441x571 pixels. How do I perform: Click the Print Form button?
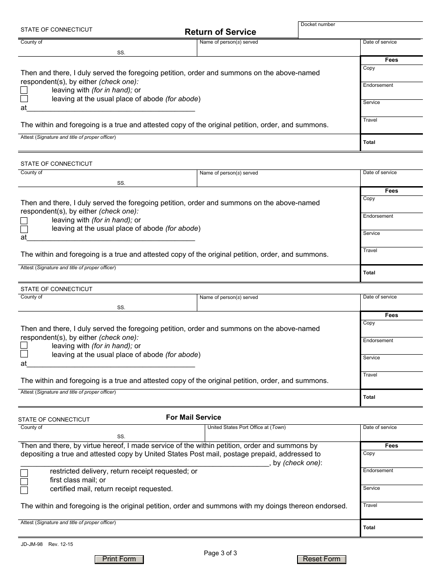click(x=119, y=559)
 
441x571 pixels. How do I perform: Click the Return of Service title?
click(x=220, y=32)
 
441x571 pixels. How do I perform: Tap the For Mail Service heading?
click(x=194, y=417)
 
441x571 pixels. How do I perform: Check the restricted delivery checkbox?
click(x=24, y=473)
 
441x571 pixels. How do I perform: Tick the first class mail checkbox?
click(x=24, y=481)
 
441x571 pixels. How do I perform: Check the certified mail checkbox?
click(x=24, y=490)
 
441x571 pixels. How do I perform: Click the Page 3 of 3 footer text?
click(x=220, y=552)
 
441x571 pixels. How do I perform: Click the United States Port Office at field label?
click(x=246, y=428)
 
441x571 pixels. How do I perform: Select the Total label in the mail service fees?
click(x=369, y=528)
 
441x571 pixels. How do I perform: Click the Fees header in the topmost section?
click(x=391, y=60)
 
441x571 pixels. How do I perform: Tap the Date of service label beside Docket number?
click(x=380, y=42)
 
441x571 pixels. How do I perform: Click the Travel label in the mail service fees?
click(x=370, y=506)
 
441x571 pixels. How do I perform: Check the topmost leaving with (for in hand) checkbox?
click(x=24, y=90)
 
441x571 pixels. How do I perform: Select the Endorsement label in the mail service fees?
click(x=378, y=471)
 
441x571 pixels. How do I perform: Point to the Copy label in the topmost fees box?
click(x=369, y=68)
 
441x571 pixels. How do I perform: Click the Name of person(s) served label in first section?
click(x=228, y=42)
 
